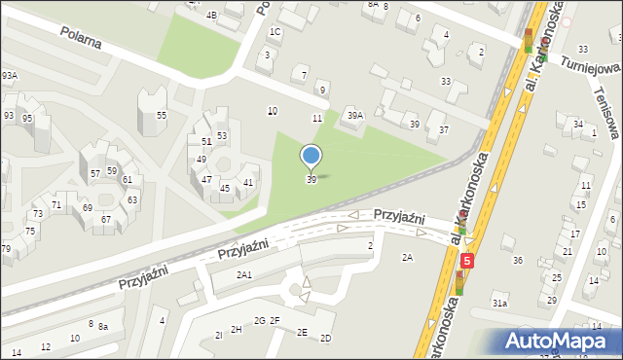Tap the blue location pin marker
click(x=311, y=157)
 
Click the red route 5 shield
click(x=468, y=261)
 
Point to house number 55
click(x=162, y=116)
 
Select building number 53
click(x=222, y=136)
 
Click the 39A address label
click(x=355, y=116)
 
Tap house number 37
click(x=444, y=129)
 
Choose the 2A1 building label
click(x=244, y=275)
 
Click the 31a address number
click(x=499, y=304)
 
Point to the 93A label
click(x=10, y=76)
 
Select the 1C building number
click(x=275, y=32)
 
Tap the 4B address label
click(x=211, y=16)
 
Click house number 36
click(x=518, y=260)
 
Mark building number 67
click(x=106, y=219)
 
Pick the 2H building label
click(x=237, y=329)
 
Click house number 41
click(x=248, y=183)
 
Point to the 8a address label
click(x=102, y=328)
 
